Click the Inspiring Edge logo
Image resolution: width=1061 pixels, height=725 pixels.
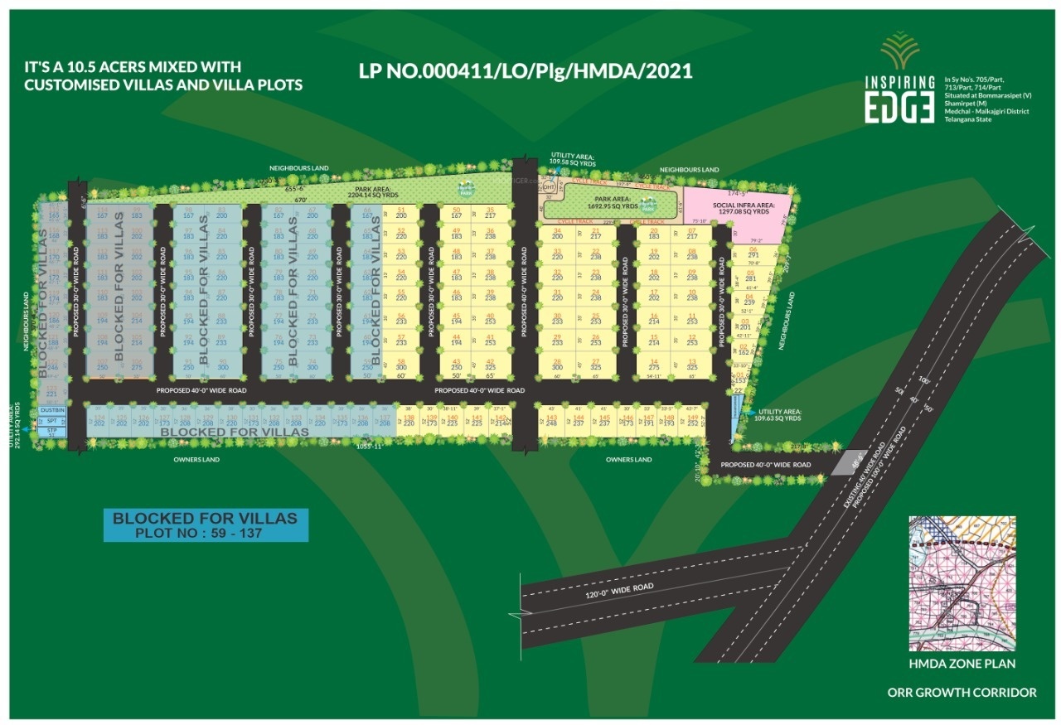click(x=899, y=79)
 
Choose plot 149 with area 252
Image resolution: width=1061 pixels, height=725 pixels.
click(x=692, y=420)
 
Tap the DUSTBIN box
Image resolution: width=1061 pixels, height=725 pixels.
click(x=52, y=410)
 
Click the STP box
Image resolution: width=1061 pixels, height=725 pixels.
click(x=52, y=431)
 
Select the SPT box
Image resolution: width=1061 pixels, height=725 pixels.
click(x=52, y=421)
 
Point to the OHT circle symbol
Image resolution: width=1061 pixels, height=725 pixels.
click(x=548, y=187)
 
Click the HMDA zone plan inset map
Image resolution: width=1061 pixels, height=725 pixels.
click(x=962, y=583)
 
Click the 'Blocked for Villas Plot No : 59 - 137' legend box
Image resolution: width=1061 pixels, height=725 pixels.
click(x=205, y=525)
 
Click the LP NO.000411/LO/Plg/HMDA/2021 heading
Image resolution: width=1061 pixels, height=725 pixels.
click(x=526, y=72)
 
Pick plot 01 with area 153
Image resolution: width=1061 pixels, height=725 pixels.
click(x=740, y=377)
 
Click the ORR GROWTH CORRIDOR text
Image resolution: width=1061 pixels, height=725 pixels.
click(x=962, y=692)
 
